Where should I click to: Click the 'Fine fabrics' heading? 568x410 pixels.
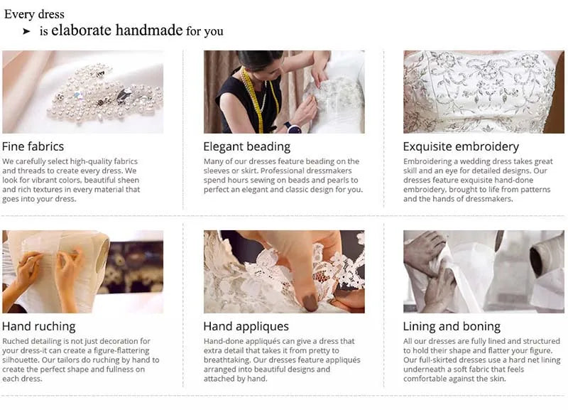(33, 146)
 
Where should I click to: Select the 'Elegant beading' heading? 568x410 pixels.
(246, 146)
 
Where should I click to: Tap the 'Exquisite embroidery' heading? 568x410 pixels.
(461, 146)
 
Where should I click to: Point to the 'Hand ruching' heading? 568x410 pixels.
(38, 326)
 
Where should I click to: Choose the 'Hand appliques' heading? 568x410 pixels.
(246, 326)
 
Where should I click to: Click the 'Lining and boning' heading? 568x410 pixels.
(452, 326)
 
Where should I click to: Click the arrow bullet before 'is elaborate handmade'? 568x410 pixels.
(26, 31)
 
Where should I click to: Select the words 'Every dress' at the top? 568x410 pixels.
(34, 14)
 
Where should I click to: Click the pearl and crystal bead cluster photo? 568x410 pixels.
(82, 92)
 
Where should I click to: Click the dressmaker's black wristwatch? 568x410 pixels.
(293, 128)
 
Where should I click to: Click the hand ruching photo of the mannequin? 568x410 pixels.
(82, 271)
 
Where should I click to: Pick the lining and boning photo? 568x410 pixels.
(484, 271)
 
